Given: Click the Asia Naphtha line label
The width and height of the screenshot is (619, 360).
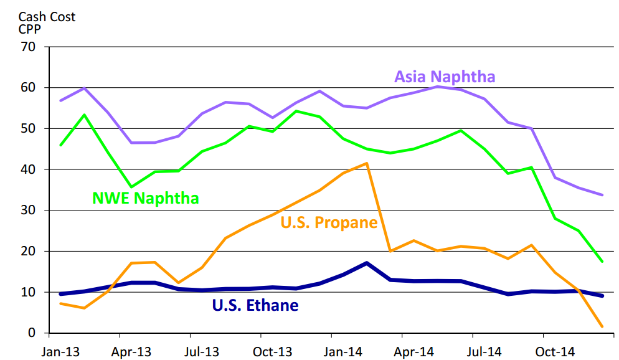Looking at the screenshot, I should click(x=445, y=77).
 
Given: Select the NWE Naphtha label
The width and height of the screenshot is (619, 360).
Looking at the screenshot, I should click(x=146, y=198).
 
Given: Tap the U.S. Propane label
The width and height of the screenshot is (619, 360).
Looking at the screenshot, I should click(x=329, y=222).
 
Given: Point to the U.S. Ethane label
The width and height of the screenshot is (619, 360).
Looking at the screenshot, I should click(x=255, y=305).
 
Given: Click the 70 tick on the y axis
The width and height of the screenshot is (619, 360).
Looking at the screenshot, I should click(x=27, y=47).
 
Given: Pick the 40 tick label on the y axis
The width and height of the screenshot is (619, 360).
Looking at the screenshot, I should click(x=27, y=169).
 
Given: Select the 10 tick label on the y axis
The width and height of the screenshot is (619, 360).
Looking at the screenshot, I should click(x=27, y=292).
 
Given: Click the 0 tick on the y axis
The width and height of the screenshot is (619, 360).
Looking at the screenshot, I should click(x=31, y=333).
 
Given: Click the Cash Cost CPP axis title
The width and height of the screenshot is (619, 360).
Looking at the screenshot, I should click(x=47, y=23).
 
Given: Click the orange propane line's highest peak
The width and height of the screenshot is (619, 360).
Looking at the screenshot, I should click(x=367, y=163).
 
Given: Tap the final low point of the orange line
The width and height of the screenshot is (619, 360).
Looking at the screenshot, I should click(x=602, y=326).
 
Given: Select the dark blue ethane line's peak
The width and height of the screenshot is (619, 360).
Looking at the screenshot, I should click(x=367, y=263).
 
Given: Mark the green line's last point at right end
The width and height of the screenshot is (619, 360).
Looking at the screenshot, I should click(x=602, y=262).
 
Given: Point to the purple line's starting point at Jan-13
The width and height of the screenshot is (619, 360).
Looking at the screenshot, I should click(x=60, y=100).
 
